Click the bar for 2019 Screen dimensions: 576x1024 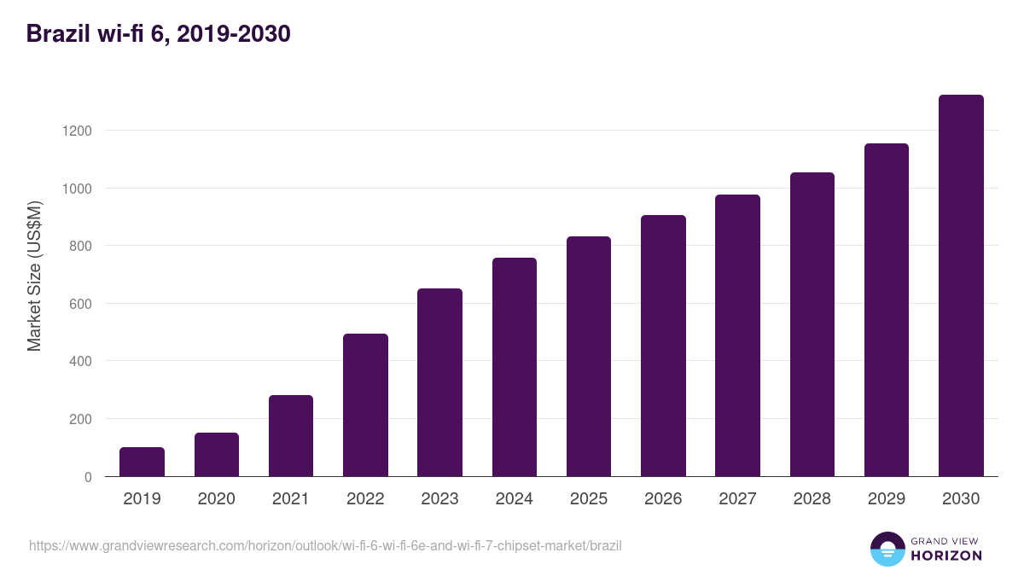[142, 462]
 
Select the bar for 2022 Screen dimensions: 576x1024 [365, 405]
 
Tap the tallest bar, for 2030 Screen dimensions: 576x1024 [961, 286]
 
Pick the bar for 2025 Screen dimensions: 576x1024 [589, 357]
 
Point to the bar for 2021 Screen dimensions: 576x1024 [291, 436]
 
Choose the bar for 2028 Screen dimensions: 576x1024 [812, 324]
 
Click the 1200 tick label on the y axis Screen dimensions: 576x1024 [76, 131]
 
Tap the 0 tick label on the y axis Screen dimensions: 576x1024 [88, 477]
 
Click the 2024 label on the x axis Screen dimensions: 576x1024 [514, 499]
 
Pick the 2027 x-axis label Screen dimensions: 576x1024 [737, 499]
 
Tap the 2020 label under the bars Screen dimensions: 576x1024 [216, 499]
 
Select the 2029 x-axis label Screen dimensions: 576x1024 [887, 499]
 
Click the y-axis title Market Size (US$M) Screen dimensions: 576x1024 [34, 276]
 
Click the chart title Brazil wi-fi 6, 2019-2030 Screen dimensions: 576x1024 [159, 33]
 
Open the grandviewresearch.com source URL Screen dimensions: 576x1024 [325, 545]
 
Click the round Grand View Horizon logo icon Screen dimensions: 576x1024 [887, 549]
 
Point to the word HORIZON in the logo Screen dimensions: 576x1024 [947, 556]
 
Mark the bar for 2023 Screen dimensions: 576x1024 [439, 382]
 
